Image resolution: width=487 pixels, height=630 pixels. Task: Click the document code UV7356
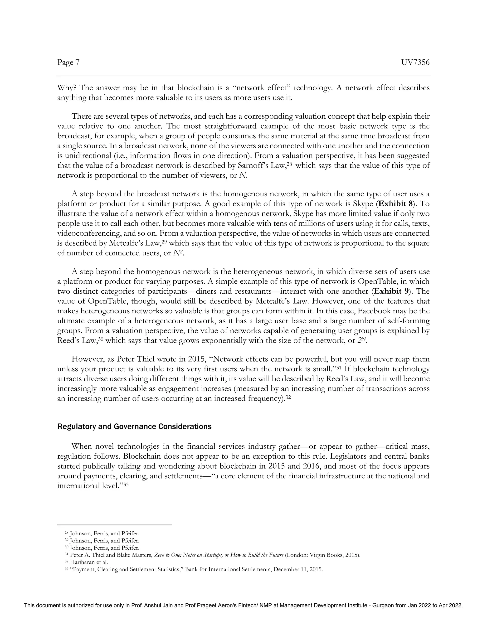[x=415, y=62]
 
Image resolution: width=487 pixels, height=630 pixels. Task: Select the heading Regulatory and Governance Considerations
[x=134, y=427]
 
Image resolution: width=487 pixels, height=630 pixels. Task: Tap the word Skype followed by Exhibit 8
[x=363, y=204]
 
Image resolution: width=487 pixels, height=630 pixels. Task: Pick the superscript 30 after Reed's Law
[x=101, y=339]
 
